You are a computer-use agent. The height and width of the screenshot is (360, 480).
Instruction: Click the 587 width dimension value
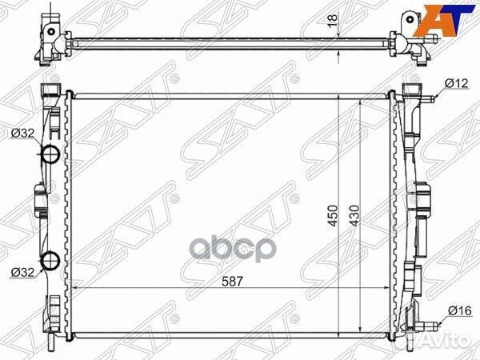(x=232, y=281)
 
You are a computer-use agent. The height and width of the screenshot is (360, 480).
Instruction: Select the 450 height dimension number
(x=333, y=215)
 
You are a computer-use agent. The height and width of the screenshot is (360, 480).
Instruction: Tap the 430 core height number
(x=355, y=215)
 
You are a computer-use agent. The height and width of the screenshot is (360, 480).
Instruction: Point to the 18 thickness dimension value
(x=332, y=22)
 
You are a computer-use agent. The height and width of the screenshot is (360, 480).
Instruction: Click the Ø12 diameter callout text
(x=456, y=83)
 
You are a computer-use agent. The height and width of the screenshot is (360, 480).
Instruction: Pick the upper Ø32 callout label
(x=22, y=133)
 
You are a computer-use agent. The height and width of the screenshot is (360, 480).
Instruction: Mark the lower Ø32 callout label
(x=22, y=272)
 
